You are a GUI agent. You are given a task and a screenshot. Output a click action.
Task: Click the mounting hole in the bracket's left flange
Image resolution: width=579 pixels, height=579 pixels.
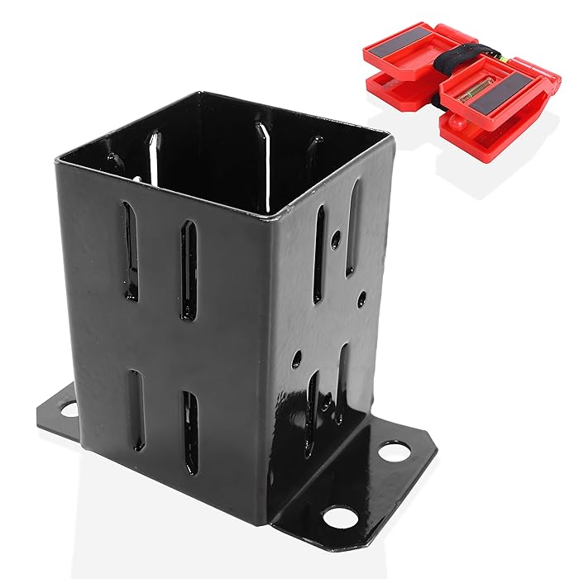69,409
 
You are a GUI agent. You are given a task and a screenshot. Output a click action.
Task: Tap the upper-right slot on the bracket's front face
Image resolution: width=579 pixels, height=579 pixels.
190,271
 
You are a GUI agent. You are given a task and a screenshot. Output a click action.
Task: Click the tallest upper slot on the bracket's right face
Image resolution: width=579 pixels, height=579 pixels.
354,227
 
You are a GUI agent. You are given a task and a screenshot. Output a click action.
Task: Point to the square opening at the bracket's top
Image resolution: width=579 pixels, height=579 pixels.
248,165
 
